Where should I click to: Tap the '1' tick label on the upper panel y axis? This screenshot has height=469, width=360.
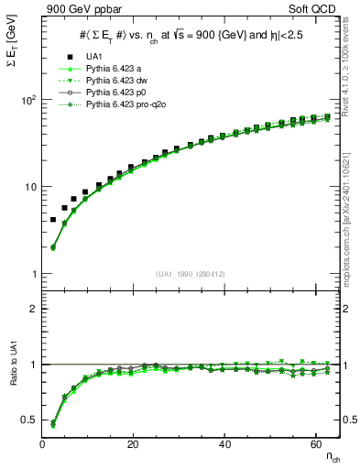pyautogui.click(x=33, y=275)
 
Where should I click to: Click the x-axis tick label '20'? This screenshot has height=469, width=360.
pyautogui.click(x=133, y=444)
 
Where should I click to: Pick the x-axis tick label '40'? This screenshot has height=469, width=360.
pyautogui.click(x=224, y=444)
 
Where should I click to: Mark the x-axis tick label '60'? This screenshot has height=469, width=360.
pyautogui.click(x=316, y=444)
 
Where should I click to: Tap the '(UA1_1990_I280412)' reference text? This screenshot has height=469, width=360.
pyautogui.click(x=191, y=274)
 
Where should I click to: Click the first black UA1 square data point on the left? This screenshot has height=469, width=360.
pyautogui.click(x=53, y=220)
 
